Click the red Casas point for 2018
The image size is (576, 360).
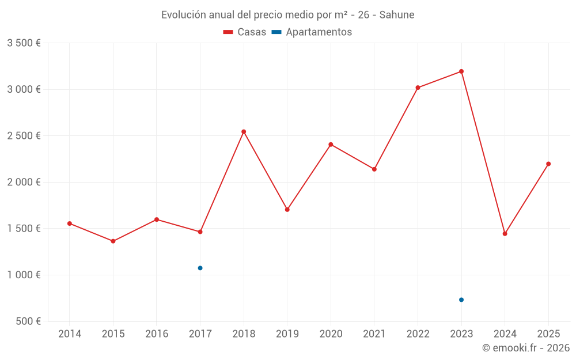(244, 132)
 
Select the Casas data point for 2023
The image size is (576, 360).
(461, 71)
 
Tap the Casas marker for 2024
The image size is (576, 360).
(505, 234)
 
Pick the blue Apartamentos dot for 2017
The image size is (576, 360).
(200, 268)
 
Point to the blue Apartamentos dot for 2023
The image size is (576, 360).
(461, 300)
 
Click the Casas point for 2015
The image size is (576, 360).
(113, 241)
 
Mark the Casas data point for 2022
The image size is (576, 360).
(418, 88)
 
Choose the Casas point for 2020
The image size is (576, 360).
(331, 145)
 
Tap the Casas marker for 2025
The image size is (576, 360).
(548, 164)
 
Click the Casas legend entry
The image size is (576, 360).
(245, 32)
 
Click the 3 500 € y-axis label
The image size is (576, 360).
(24, 43)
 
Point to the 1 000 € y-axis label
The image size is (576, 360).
(24, 275)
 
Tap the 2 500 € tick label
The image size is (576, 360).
(24, 136)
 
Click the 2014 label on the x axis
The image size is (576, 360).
(70, 334)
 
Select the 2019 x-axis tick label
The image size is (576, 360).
(287, 334)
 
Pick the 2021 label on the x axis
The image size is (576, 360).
(374, 334)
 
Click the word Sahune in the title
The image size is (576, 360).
(397, 15)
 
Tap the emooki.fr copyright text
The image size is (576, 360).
(526, 348)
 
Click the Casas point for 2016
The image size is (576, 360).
(157, 219)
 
